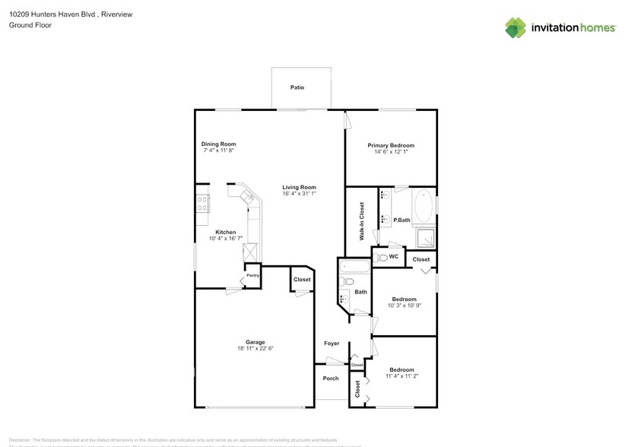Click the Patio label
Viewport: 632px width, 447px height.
(x=297, y=87)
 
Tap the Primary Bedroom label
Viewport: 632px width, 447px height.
(x=391, y=145)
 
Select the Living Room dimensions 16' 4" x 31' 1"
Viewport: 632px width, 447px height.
(x=299, y=194)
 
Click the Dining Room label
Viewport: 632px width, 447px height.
(x=218, y=144)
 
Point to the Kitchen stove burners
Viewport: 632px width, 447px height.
(x=203, y=203)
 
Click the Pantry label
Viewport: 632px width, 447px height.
(x=252, y=275)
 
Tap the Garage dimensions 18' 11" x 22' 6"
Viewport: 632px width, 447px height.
(x=254, y=349)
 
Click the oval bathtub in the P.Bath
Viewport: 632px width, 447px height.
(x=423, y=206)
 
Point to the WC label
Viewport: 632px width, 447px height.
(x=394, y=257)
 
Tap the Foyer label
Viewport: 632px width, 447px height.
(x=332, y=344)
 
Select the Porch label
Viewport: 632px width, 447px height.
(x=331, y=378)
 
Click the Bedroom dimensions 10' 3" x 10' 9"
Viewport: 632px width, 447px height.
(x=404, y=306)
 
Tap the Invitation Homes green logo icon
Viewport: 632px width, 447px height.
(x=516, y=27)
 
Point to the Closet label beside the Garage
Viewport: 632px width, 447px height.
(x=302, y=280)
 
